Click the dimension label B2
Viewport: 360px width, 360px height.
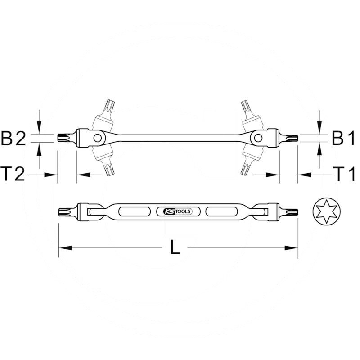pyautogui.click(x=13, y=139)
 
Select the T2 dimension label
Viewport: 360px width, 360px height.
pyautogui.click(x=13, y=174)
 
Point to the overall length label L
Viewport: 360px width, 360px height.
pyautogui.click(x=175, y=247)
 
